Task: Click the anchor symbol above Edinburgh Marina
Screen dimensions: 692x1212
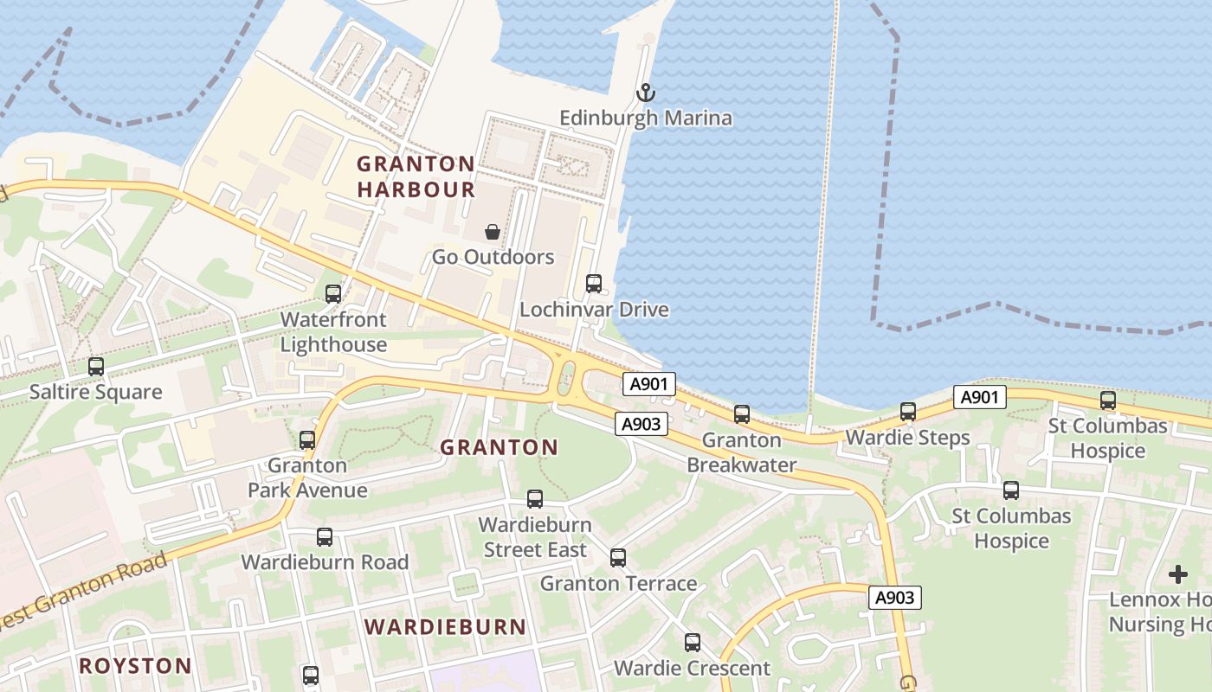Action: (646, 92)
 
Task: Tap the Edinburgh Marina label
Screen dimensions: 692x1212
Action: (646, 118)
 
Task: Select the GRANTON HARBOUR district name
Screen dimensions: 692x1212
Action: (416, 176)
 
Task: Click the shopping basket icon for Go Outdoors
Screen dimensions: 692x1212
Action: (493, 232)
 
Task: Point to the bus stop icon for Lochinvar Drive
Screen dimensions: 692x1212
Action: (594, 283)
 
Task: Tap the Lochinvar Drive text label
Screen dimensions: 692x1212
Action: (594, 310)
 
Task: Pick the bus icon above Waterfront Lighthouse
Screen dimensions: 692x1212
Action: (333, 293)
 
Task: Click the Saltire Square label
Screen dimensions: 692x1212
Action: (95, 392)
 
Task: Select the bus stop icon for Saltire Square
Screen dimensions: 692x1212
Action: (96, 366)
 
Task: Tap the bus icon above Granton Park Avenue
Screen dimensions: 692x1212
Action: (307, 439)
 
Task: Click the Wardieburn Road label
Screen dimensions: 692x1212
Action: (325, 562)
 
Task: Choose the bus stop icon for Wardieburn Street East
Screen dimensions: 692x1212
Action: (535, 498)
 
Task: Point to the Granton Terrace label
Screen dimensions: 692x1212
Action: (618, 584)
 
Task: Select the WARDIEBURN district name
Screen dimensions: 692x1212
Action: (445, 627)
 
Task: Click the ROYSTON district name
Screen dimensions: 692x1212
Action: (135, 665)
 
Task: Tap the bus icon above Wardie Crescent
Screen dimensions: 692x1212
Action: (693, 642)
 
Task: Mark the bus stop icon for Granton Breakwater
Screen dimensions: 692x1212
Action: (742, 413)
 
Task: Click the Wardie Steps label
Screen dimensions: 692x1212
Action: (907, 438)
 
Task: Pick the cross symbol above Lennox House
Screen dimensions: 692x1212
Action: (1178, 573)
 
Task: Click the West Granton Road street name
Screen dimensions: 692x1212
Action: (82, 593)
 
